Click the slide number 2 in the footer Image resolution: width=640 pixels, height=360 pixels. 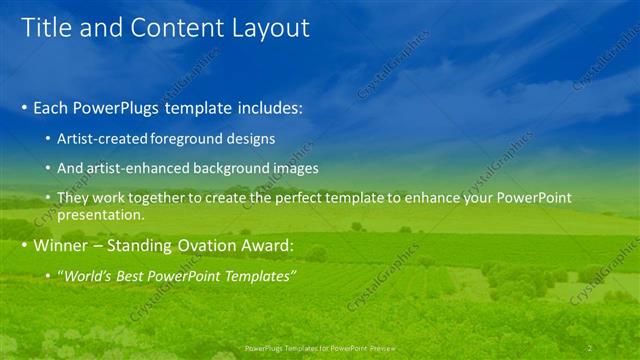(590, 348)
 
